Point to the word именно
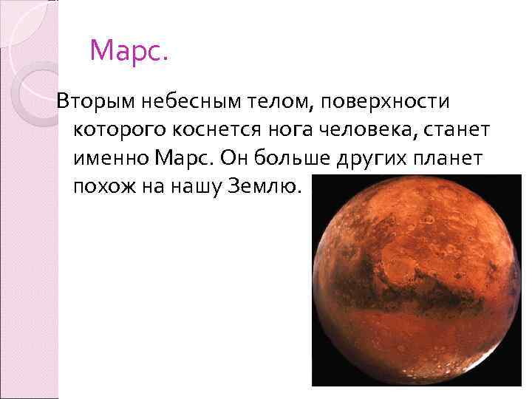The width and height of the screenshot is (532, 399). [112, 157]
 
